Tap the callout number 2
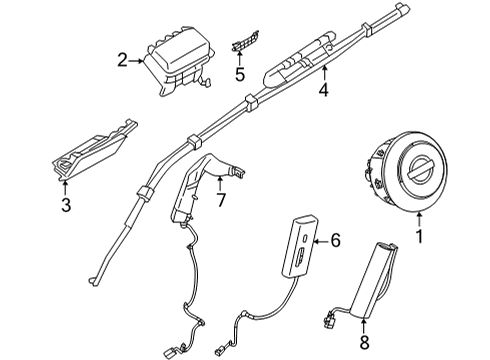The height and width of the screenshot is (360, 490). [122, 61]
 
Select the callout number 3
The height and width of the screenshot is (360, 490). [65, 206]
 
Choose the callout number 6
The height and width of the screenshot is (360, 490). [335, 239]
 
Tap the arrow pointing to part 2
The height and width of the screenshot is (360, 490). [137, 61]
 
